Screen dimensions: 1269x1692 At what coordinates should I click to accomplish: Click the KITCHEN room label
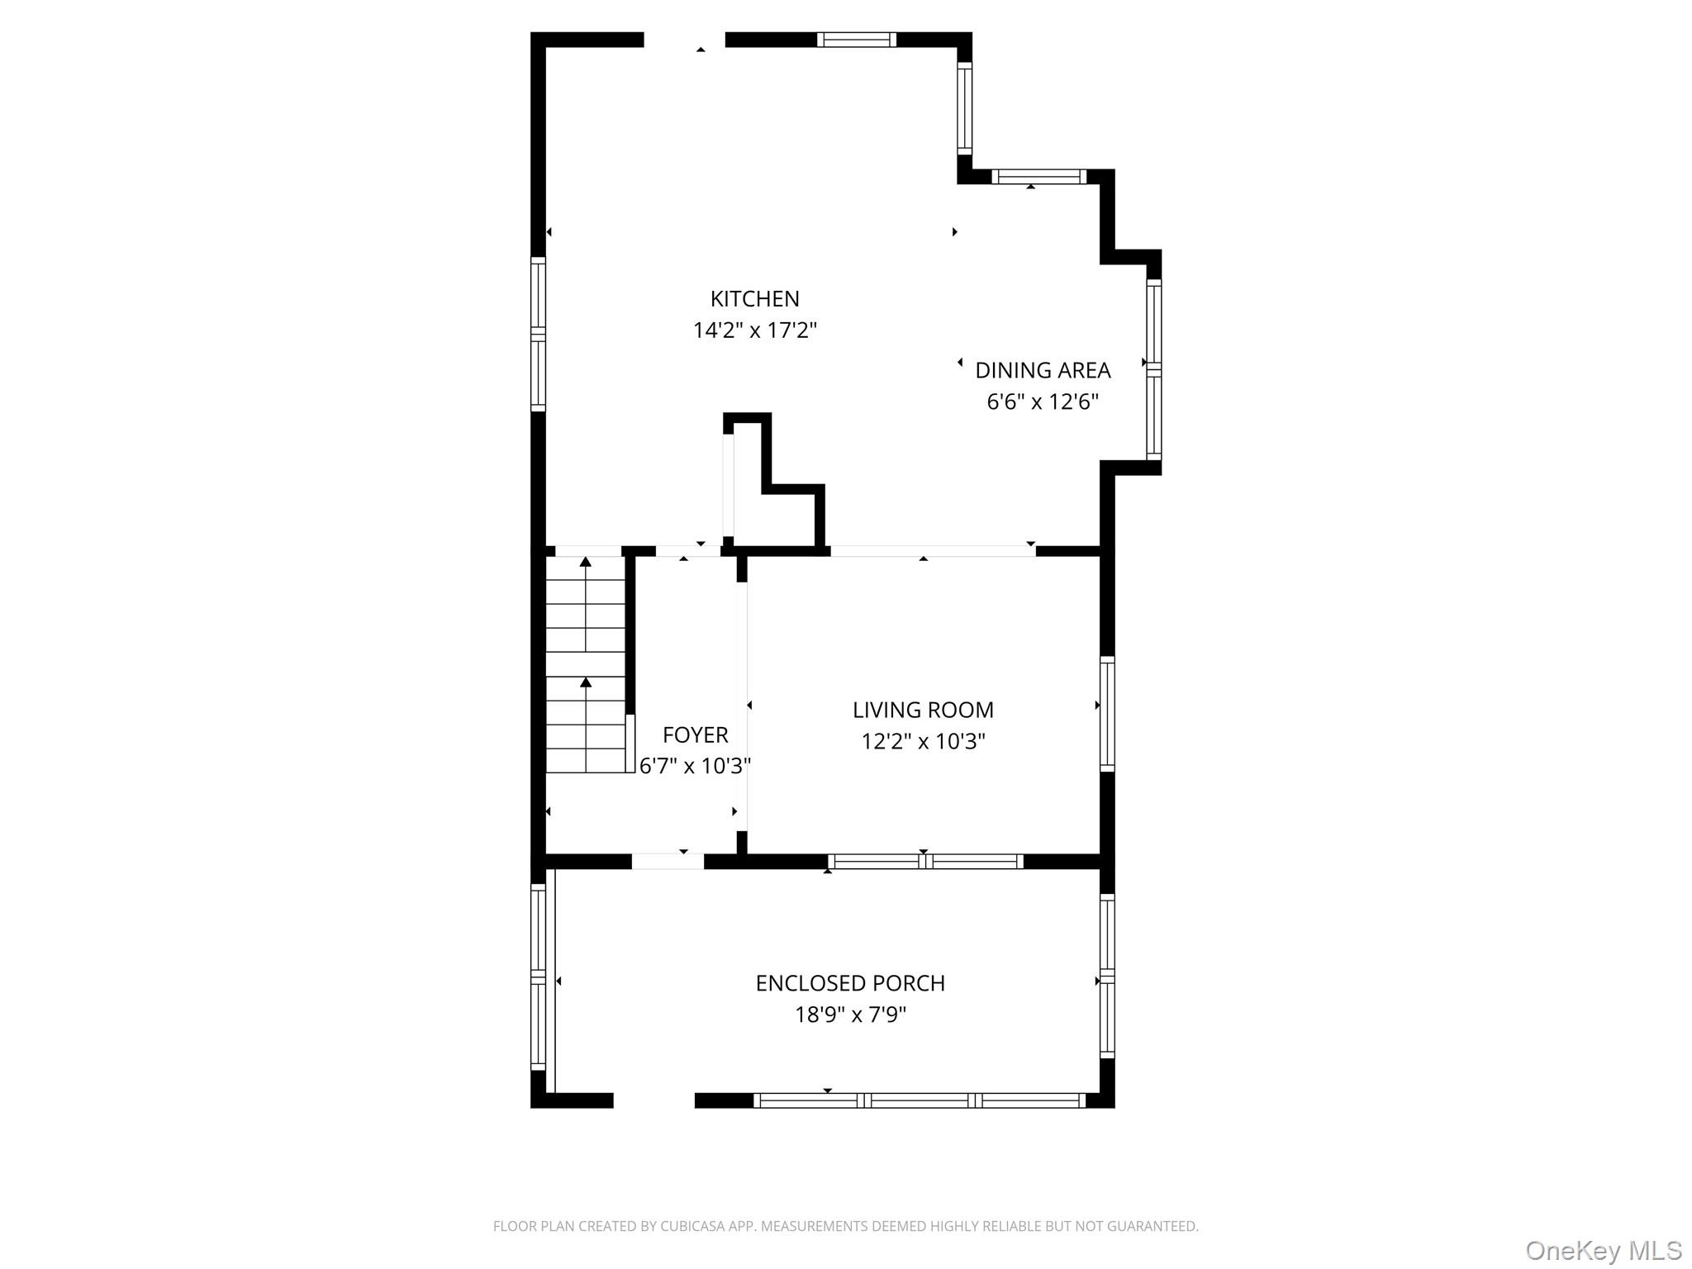754,298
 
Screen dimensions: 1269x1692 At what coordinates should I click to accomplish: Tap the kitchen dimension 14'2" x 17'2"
754,330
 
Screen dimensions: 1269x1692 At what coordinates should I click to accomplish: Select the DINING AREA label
1043,370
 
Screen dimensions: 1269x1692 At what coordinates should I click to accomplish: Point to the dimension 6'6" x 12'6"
1043,402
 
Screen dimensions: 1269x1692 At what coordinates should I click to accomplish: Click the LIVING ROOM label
923,710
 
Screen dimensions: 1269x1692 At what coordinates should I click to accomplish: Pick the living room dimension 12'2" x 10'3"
923,742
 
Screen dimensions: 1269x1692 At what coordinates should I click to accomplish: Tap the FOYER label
695,734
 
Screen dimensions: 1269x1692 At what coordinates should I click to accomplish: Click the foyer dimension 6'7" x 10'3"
695,767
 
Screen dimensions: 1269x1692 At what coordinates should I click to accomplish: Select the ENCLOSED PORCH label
850,983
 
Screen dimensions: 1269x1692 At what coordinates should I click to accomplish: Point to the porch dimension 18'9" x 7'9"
850,1015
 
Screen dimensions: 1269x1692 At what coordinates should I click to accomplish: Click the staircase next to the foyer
586,665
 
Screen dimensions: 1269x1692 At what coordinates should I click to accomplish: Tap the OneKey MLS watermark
1603,1250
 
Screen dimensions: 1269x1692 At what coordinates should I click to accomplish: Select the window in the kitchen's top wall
857,40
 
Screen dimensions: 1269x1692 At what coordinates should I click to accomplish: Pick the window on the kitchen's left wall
538,334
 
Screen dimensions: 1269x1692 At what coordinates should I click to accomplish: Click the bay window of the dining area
1154,369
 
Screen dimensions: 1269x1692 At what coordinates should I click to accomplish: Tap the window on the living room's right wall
1107,714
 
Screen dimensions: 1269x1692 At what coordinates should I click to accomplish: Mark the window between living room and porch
925,862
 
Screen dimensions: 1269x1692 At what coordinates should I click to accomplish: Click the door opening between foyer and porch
668,862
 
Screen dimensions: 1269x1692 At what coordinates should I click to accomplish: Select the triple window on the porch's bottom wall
919,1100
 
